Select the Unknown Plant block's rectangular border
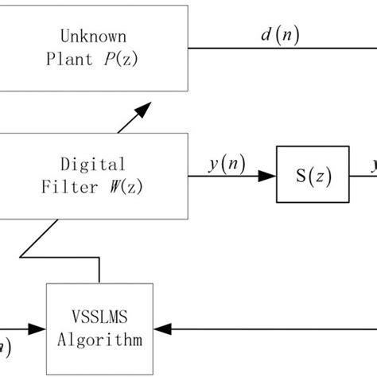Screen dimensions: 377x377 [188, 48]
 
